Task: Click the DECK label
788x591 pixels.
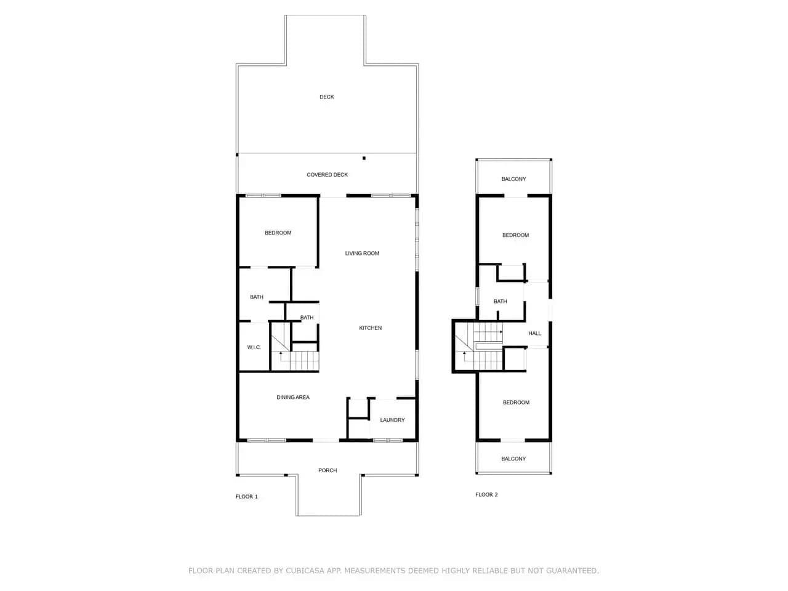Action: (x=327, y=97)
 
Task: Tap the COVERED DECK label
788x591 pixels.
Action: (x=327, y=175)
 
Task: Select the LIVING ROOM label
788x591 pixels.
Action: (x=362, y=254)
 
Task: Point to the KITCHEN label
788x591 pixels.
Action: (x=371, y=328)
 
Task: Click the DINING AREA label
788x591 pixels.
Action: (x=293, y=397)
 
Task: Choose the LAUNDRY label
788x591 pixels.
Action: (x=392, y=420)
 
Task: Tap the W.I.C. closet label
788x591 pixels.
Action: (x=254, y=347)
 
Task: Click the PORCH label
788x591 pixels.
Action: (x=328, y=470)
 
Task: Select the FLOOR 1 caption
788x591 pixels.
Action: (x=247, y=497)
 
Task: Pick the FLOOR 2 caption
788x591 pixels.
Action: (x=486, y=494)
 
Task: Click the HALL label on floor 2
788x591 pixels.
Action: (x=534, y=333)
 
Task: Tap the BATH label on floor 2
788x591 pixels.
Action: (x=500, y=302)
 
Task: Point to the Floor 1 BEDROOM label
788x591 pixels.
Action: (x=278, y=233)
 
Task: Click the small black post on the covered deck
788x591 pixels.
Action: (x=364, y=158)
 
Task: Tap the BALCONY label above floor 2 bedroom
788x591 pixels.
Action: (x=513, y=179)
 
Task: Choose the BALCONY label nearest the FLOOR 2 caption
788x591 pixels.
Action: (x=513, y=459)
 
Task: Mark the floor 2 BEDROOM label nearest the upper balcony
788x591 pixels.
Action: (x=515, y=235)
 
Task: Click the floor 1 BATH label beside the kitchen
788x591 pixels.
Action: (x=307, y=318)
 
